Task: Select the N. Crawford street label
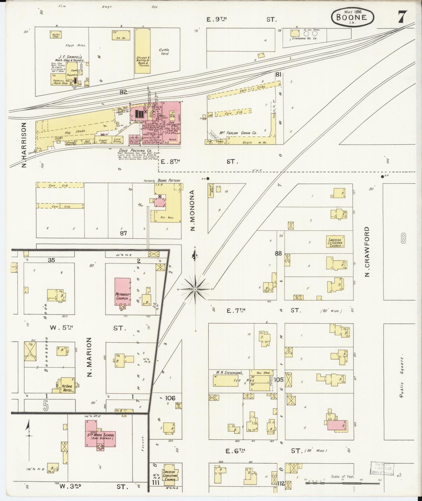[x=367, y=252]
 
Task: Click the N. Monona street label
[x=192, y=210]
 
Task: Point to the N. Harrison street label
[x=24, y=145]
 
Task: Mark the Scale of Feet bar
[x=342, y=483]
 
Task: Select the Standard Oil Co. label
[x=305, y=38]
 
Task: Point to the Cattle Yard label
[x=164, y=52]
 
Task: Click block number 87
[x=123, y=233]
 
